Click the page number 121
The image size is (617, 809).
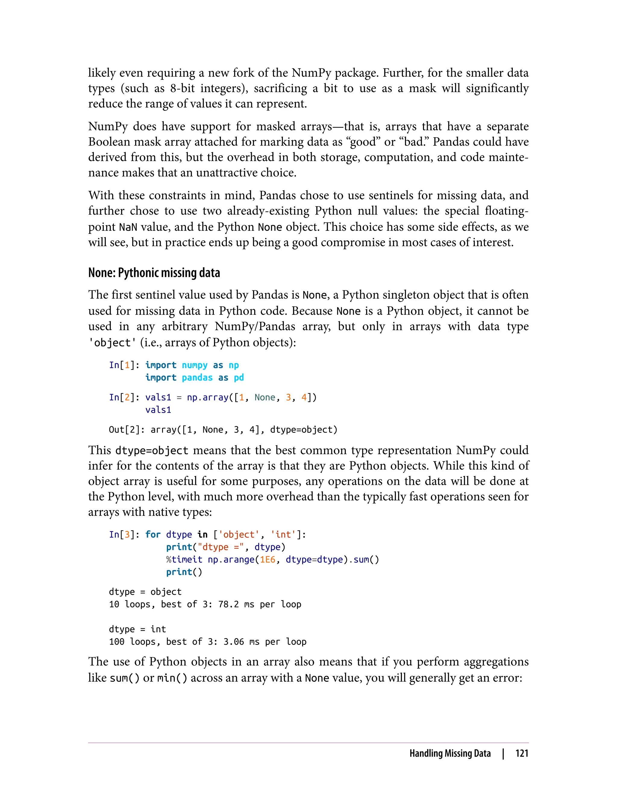tap(521, 753)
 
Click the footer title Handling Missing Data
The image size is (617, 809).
tap(450, 753)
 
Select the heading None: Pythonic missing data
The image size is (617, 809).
tap(154, 273)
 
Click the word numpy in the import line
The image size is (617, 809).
tap(195, 365)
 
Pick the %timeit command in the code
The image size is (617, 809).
tap(184, 559)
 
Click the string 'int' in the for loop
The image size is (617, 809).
tap(283, 535)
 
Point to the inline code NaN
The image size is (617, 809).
tap(128, 227)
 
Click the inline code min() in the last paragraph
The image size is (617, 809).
tap(172, 678)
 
